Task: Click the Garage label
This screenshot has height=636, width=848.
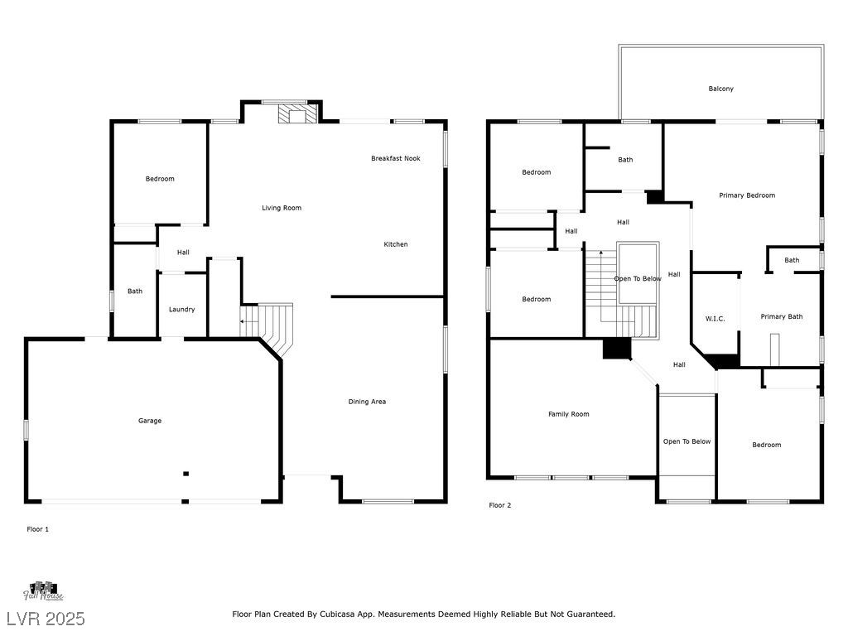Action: click(150, 421)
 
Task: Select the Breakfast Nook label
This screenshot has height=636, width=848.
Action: click(395, 158)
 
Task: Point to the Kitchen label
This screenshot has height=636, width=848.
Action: click(395, 244)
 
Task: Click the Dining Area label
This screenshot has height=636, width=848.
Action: click(367, 402)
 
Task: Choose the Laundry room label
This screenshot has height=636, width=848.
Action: click(181, 310)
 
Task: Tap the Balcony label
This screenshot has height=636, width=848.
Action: click(721, 89)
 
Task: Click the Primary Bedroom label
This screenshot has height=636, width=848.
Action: click(747, 195)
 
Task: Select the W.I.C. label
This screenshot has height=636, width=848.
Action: click(715, 319)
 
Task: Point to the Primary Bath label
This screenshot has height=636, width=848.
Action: click(782, 316)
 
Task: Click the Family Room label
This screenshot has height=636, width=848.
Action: click(568, 414)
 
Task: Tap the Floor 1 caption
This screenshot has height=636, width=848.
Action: click(38, 529)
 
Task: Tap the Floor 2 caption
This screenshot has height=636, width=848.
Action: click(499, 505)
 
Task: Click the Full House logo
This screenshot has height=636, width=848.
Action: click(43, 591)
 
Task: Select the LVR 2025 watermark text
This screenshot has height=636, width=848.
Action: click(46, 619)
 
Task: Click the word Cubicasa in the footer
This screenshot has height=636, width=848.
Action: click(337, 614)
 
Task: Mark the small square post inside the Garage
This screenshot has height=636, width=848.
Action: click(185, 474)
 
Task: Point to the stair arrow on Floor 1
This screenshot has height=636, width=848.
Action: click(249, 322)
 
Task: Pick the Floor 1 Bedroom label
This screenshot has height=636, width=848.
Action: click(160, 179)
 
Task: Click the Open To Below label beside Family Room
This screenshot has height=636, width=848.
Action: click(687, 442)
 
